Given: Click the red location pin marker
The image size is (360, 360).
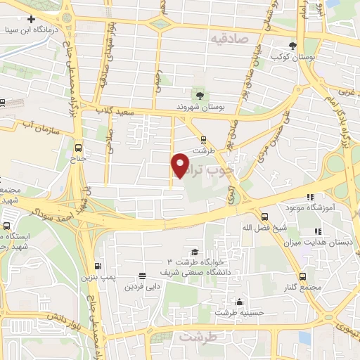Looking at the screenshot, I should [x=181, y=164].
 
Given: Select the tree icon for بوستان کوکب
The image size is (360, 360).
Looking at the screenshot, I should [x=292, y=46].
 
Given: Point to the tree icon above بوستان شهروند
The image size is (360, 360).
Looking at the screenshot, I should [x=201, y=95].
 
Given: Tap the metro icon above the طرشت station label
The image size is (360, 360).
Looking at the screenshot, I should [x=203, y=139].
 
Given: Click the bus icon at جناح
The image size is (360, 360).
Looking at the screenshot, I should [x=78, y=148].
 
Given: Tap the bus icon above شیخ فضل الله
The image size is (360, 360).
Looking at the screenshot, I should [x=264, y=217].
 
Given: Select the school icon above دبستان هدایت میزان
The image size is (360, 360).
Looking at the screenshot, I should [x=318, y=231].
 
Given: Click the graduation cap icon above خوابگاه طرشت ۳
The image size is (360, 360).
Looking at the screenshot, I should [x=194, y=252].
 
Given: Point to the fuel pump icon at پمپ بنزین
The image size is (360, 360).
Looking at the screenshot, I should [x=97, y=266].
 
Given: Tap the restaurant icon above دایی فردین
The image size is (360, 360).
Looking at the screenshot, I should [x=142, y=276].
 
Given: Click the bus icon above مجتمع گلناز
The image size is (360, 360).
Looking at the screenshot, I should [x=302, y=276].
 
